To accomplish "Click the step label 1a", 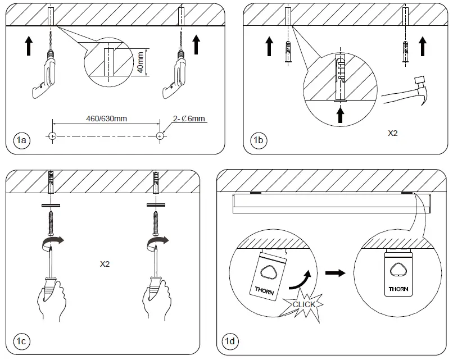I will coord(21,140).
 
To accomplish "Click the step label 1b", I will coord(259,140).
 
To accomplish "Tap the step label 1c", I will coord(21,341).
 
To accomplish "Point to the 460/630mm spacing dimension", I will coord(106,119).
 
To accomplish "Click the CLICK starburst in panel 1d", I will coord(304,304).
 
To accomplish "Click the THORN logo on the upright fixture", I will coord(398,290).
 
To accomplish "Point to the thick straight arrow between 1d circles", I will coord(336,272).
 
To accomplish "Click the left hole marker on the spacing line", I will coord(52,136).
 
